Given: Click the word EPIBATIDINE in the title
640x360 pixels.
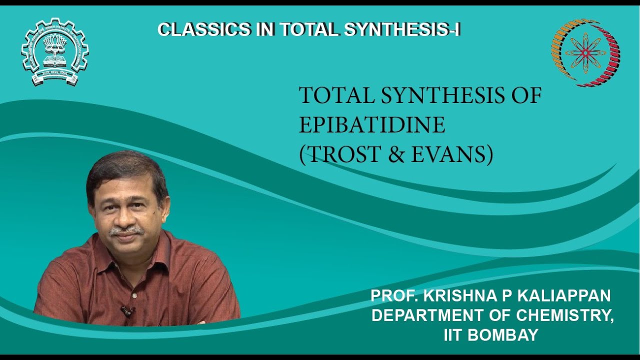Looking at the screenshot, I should tap(372, 125).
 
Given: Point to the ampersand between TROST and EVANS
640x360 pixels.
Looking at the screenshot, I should tap(398, 155).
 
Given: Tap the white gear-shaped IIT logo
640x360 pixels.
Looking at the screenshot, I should tap(54, 51).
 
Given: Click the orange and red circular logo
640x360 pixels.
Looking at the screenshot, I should tap(585, 52).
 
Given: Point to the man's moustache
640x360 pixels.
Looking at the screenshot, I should tap(126, 230).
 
